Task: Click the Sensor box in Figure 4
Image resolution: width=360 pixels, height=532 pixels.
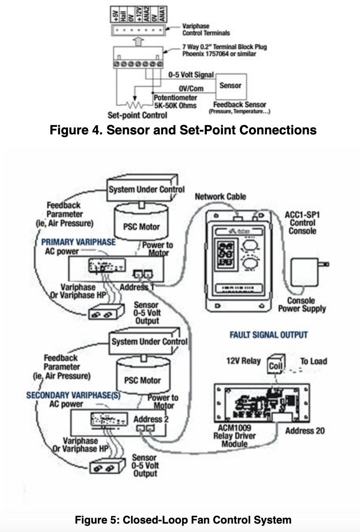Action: [231, 86]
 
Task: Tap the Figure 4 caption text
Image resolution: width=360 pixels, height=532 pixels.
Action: [183, 130]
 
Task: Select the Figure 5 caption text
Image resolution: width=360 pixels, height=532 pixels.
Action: [183, 520]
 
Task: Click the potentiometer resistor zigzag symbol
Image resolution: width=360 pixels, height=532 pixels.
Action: [134, 105]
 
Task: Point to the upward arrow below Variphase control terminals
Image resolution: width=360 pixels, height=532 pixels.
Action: [138, 41]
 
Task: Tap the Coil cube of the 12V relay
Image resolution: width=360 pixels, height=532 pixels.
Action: [276, 364]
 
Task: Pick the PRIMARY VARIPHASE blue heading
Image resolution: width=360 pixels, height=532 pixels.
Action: [78, 242]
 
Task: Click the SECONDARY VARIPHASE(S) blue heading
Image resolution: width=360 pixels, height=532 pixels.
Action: [73, 395]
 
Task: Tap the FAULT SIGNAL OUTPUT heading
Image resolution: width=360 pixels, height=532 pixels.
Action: [268, 335]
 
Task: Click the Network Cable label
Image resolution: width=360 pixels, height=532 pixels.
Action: [220, 196]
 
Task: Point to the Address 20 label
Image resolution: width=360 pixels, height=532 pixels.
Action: [305, 431]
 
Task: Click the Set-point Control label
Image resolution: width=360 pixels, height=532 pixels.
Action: [137, 115]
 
